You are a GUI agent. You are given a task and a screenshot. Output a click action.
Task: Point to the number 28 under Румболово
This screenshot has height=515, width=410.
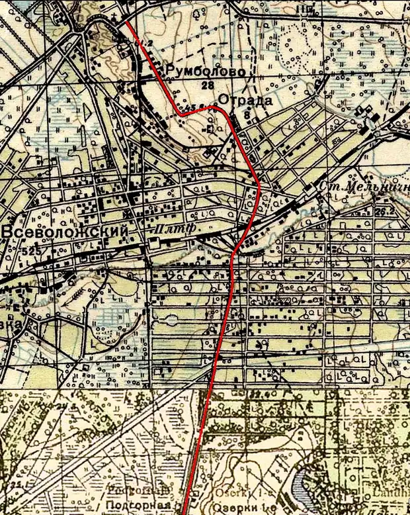click(209, 86)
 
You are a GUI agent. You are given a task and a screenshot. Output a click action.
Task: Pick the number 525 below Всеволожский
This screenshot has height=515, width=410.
click(30, 252)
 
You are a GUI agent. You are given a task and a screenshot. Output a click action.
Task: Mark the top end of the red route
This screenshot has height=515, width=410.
click(126, 24)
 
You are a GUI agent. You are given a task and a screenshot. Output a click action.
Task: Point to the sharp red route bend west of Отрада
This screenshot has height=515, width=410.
click(180, 114)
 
